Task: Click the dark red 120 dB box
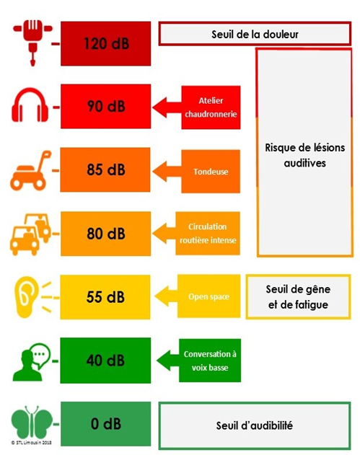105,43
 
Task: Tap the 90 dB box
105,106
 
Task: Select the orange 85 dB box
105,169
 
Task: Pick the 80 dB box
105,234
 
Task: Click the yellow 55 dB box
105,297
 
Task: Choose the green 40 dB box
105,361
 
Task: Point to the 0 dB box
105,424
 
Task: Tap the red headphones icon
30,105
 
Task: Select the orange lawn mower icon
30,171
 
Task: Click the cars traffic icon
30,234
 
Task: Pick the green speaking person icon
31,362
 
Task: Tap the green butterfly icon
32,423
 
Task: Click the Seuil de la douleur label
255,34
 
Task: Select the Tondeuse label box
211,172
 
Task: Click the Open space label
209,296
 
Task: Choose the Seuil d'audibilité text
255,425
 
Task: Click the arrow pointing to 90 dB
167,107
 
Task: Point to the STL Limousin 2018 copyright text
31,443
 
